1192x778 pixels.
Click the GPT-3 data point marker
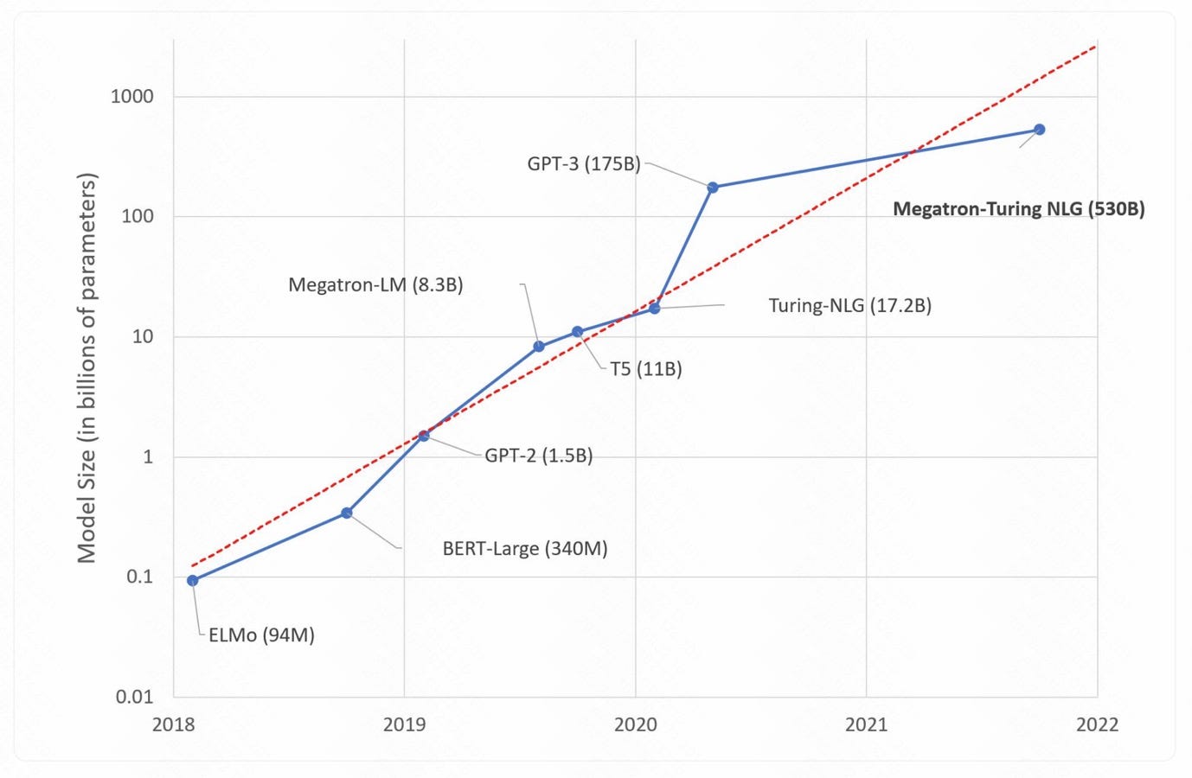click(713, 188)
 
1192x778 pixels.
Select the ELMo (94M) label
click(261, 635)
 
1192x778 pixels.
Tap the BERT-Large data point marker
click(347, 513)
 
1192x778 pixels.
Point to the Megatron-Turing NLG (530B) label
click(1018, 209)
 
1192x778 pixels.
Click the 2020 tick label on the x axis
click(635, 724)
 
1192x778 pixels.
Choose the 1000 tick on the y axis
click(132, 97)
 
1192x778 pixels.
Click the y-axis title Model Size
click(87, 368)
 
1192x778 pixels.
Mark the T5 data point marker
click(578, 332)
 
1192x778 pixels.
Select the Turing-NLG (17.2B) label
click(849, 305)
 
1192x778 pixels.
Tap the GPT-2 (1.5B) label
click(538, 456)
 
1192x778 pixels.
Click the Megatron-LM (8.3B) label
click(375, 284)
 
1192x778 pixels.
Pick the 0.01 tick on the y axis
click(135, 697)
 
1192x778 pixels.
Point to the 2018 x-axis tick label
click(173, 724)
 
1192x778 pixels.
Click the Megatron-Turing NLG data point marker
click(1040, 130)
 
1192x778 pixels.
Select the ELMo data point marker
click(193, 581)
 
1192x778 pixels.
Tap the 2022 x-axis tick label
click(1097, 724)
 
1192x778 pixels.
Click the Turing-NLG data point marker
click(655, 309)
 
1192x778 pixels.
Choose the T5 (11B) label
click(645, 369)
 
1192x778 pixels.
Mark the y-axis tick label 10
click(143, 336)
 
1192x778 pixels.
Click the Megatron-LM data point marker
click(539, 347)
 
